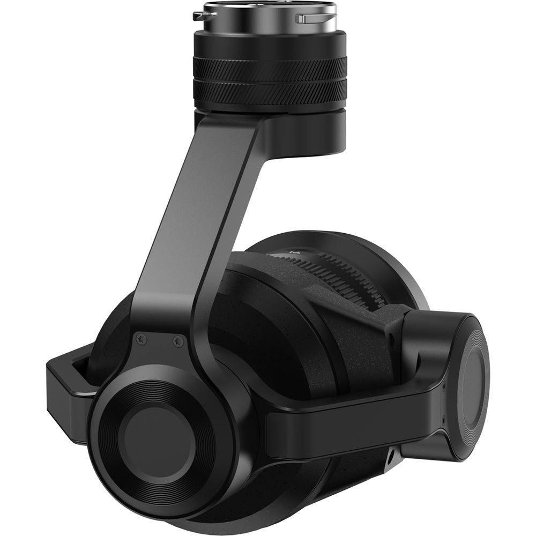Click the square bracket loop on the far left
[64, 386]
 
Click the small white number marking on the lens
[293, 250]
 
